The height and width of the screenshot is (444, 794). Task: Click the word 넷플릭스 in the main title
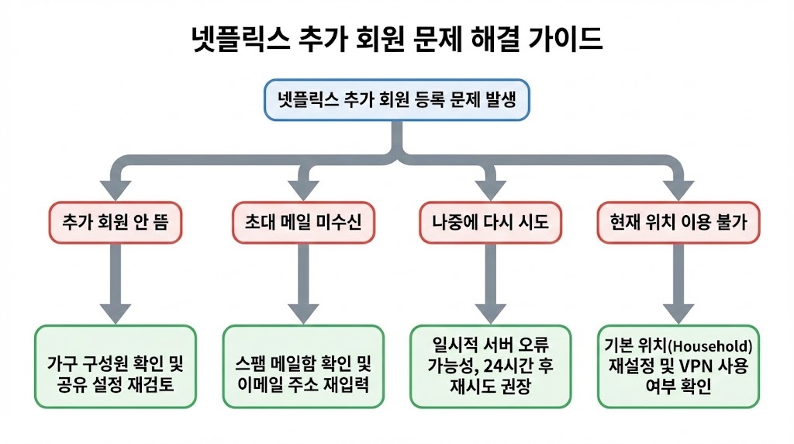236,40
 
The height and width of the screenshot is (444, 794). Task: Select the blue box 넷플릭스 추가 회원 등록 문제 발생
397,100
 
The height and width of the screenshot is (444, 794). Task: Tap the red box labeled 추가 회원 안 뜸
115,221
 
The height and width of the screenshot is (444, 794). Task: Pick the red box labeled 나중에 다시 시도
489,221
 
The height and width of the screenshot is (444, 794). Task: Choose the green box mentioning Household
678,366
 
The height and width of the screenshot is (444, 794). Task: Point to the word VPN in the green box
686,366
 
